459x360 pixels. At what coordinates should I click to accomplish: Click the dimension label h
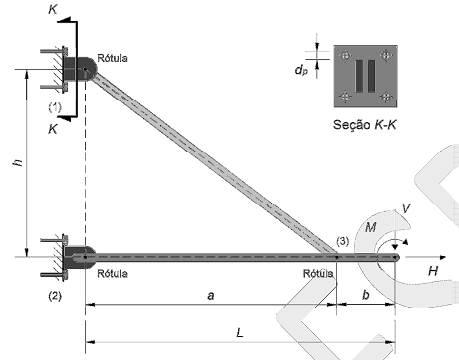tap(18, 162)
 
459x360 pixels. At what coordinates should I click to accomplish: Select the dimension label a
tap(211, 295)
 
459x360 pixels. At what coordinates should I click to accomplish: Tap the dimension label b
tap(366, 295)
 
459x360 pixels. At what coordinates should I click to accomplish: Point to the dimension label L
tap(239, 332)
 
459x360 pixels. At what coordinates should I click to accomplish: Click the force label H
tap(433, 271)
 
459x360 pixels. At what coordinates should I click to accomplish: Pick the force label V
tap(406, 208)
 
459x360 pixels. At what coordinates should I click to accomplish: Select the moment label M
tap(370, 227)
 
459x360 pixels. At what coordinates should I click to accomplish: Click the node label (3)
tap(343, 241)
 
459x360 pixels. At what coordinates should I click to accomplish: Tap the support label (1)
tap(55, 107)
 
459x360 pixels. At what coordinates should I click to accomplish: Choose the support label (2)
tap(55, 296)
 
